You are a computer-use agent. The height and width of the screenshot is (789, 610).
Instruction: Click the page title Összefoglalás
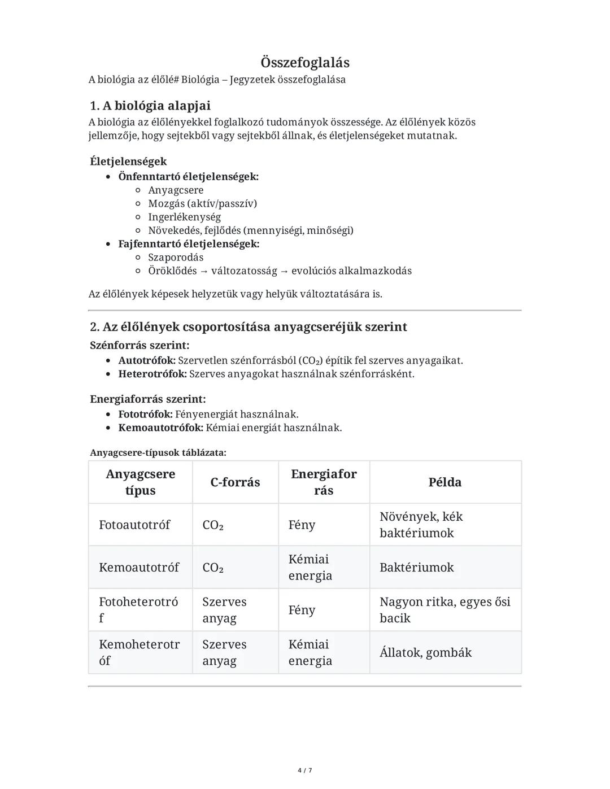305,62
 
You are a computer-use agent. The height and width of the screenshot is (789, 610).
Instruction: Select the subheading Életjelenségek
128,162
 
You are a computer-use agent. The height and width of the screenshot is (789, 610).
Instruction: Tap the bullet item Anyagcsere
176,190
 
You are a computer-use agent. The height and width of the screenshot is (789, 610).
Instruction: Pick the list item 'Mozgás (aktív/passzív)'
202,203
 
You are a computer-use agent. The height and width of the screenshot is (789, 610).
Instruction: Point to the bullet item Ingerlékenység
184,217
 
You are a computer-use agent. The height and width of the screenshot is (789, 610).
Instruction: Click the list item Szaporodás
176,258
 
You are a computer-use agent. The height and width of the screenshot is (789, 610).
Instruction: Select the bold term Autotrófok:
147,360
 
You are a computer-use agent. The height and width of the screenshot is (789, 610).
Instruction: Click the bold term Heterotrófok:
152,374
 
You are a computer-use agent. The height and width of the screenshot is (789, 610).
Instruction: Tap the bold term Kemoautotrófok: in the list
160,428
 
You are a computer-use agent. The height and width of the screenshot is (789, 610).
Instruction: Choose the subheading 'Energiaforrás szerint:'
148,399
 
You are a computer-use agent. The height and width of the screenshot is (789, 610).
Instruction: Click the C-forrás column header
235,482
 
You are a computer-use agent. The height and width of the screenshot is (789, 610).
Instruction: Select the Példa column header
445,482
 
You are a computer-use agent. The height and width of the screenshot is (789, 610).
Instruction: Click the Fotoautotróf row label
134,525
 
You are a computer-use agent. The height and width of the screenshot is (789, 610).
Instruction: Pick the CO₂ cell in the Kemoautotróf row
213,568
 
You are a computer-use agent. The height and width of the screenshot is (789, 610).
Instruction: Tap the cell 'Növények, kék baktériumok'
421,525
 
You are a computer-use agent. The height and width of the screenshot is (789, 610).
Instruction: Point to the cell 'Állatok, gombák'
425,653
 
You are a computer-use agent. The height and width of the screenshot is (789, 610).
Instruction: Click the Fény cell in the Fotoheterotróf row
302,610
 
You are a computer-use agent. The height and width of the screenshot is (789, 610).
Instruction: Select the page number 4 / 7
305,770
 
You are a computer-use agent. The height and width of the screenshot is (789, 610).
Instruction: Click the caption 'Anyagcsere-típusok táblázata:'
158,453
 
